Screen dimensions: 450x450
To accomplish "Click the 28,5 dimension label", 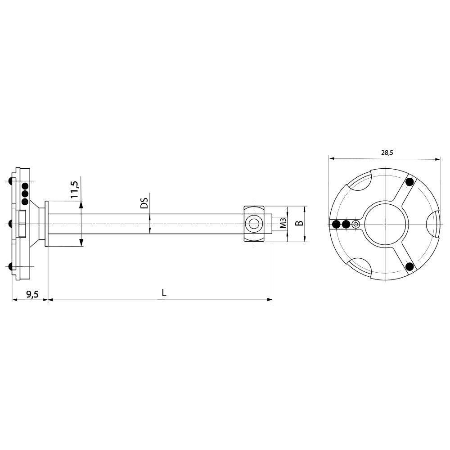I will pos(387,153).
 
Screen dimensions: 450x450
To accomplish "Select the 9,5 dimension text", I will pos(32,294).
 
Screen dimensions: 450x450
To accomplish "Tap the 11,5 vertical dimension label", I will pos(74,190).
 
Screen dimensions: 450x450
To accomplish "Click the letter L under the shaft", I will pos(164,292).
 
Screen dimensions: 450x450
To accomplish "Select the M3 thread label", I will pos(282,224).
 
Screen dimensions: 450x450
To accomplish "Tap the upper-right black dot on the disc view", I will pos(409,182).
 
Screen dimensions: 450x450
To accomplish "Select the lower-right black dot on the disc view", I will pos(409,266).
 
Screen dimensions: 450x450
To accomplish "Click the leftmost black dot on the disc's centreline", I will pos(336,224).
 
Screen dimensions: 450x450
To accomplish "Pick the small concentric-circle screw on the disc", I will pos(356,224).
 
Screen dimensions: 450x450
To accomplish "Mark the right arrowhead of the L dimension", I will pos(270,299).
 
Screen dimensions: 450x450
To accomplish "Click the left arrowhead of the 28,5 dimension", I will pos(331,158).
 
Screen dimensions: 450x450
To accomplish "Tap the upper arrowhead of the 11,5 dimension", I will pos(81,204).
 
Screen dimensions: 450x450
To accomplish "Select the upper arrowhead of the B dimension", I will pos(305,209).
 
